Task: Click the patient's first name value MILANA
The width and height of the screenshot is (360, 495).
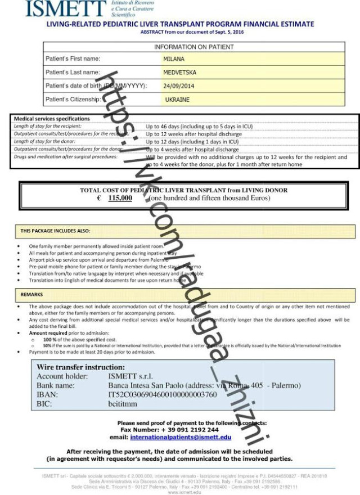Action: (x=174, y=58)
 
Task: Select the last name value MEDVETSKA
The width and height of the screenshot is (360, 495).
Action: (x=180, y=72)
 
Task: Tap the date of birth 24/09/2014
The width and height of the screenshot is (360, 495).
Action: (x=178, y=86)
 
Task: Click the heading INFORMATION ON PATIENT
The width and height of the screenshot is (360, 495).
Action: (x=194, y=47)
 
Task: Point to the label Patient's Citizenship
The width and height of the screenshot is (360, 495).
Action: (x=73, y=100)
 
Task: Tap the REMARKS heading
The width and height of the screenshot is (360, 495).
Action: (x=32, y=294)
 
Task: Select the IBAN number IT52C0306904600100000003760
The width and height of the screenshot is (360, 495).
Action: (x=163, y=394)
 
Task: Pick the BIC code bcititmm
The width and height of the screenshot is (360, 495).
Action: (x=123, y=403)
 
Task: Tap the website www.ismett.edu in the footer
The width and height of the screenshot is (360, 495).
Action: (x=181, y=492)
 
